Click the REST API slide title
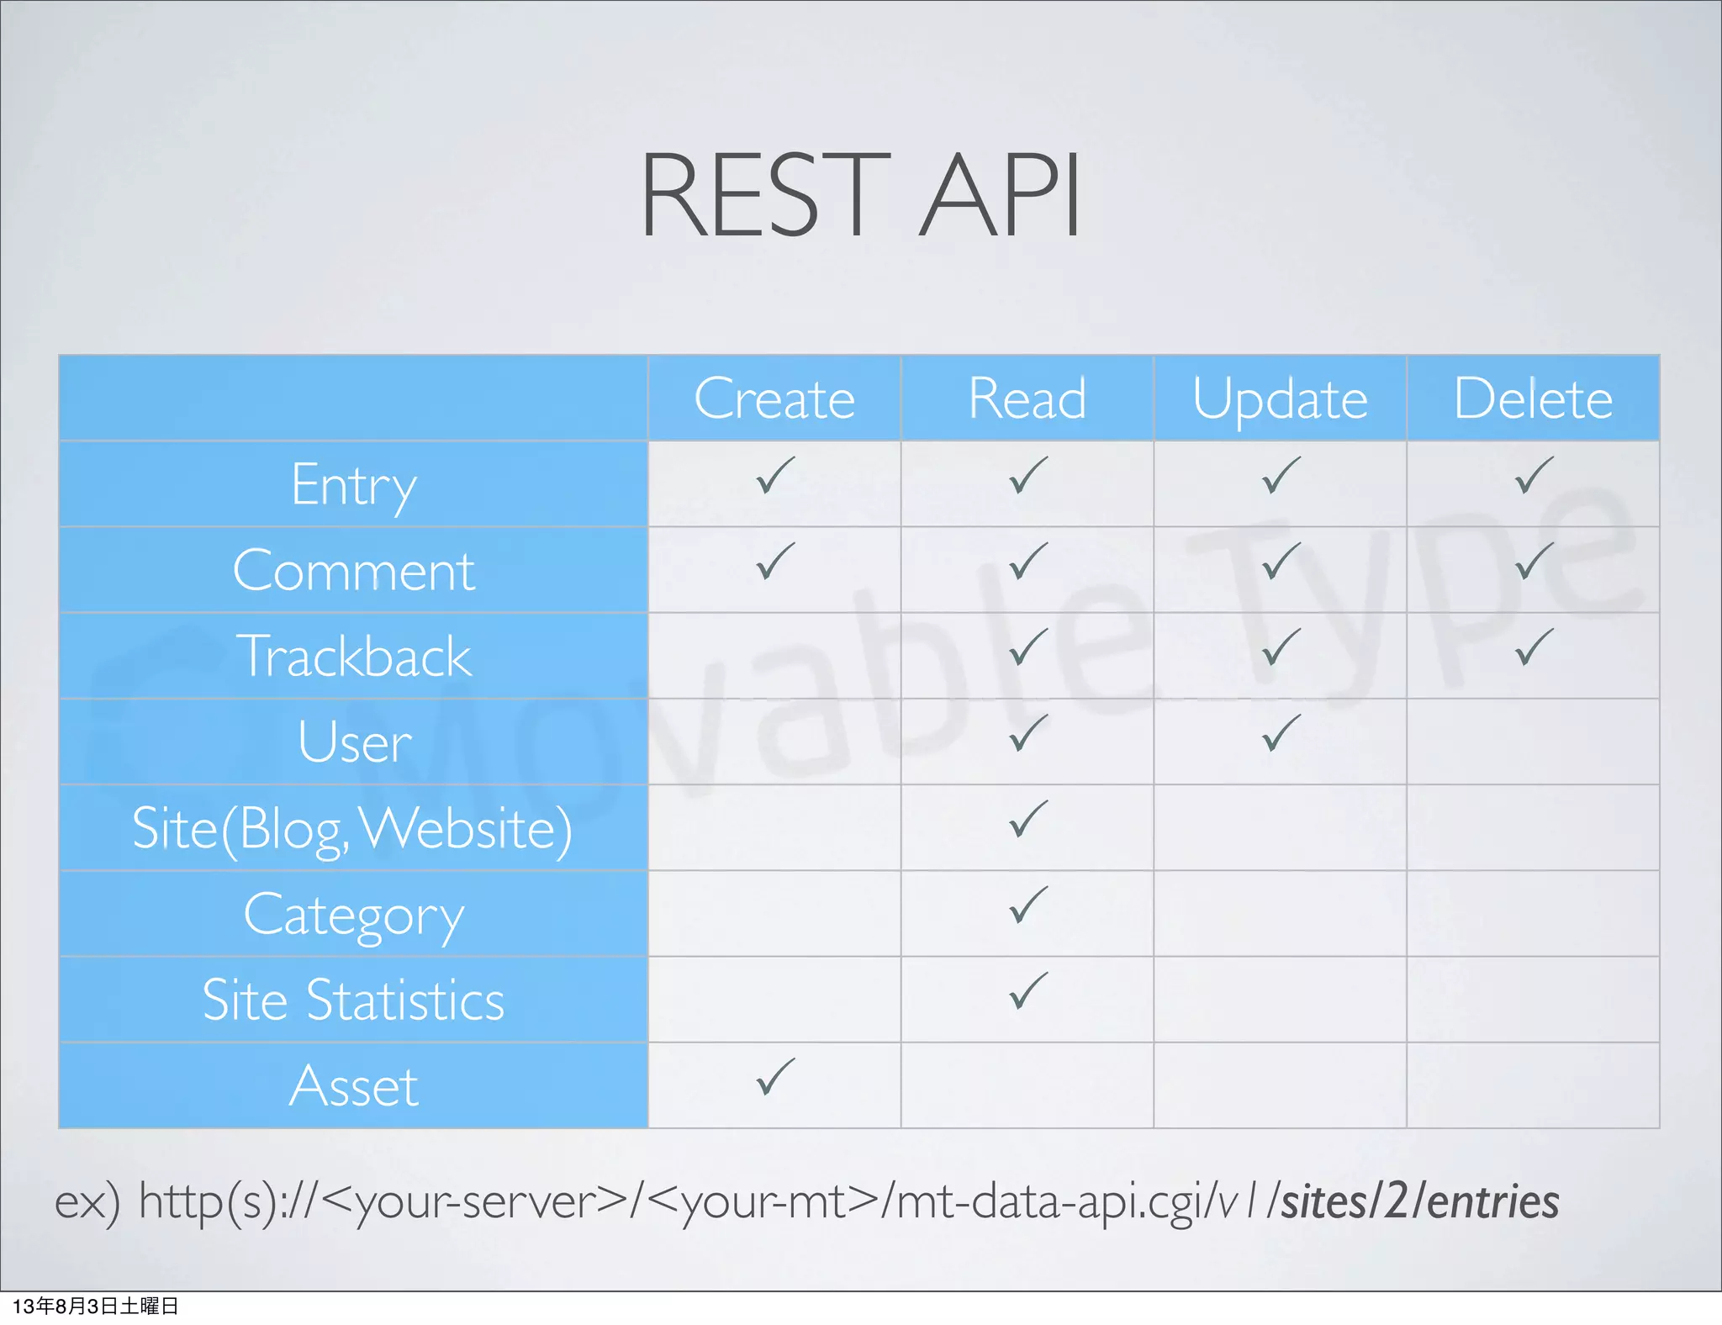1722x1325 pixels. (x=860, y=195)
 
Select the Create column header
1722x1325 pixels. (x=774, y=399)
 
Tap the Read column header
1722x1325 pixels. (x=1027, y=399)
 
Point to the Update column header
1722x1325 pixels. (x=1280, y=399)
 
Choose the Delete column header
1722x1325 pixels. (x=1533, y=399)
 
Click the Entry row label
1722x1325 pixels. (x=353, y=486)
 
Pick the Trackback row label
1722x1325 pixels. (x=353, y=657)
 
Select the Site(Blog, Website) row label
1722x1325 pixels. (x=353, y=829)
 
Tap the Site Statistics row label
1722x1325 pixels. (x=353, y=1000)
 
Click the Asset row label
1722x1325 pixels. (x=353, y=1086)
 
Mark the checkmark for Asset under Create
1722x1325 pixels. (x=774, y=1077)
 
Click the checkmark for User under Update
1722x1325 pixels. (x=1280, y=733)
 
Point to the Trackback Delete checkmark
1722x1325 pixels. (x=1533, y=647)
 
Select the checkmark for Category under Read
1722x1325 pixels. (x=1027, y=905)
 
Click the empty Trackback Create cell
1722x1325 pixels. (x=774, y=657)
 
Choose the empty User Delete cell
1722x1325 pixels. (x=1533, y=742)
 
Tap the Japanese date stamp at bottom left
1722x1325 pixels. (x=95, y=1307)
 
